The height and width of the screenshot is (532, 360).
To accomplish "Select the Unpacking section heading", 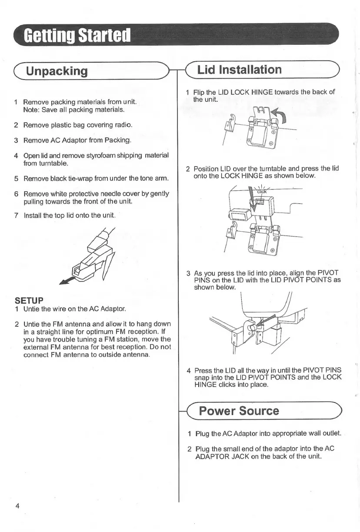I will tap(57, 71).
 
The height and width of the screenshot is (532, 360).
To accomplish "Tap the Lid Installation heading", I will tap(239, 70).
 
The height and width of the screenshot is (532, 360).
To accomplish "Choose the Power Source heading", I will tap(239, 411).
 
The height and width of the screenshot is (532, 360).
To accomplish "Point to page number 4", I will tap(17, 505).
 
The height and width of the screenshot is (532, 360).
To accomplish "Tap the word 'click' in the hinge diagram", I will tap(262, 191).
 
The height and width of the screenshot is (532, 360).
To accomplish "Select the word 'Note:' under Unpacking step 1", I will tap(31, 110).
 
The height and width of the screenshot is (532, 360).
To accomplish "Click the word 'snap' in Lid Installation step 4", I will tap(202, 378).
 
